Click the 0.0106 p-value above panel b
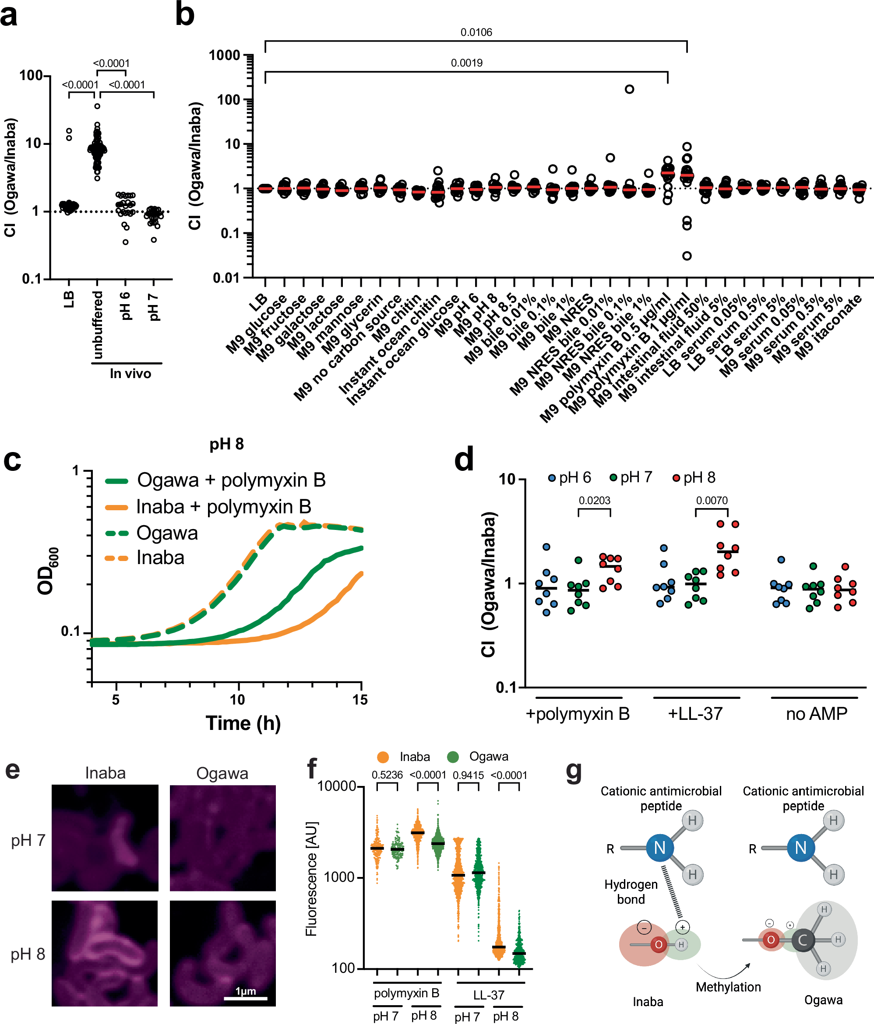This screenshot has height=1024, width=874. (476, 33)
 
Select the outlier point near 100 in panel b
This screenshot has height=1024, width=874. (629, 89)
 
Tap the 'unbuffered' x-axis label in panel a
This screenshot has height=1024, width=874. (98, 325)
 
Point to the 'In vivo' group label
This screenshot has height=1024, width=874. (130, 374)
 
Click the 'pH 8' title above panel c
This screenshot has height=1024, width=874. (226, 444)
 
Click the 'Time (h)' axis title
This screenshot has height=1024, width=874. (243, 723)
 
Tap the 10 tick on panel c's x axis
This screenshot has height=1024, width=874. (237, 700)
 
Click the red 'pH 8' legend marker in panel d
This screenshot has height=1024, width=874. (676, 478)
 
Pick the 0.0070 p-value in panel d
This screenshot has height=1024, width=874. (711, 501)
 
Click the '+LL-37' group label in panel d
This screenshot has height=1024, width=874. (695, 714)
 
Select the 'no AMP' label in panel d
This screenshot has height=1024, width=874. (816, 714)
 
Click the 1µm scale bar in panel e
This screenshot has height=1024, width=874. (245, 998)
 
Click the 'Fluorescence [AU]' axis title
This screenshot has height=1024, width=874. (311, 879)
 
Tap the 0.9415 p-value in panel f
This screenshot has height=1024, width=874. (468, 775)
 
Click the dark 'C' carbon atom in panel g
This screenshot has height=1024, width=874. (802, 940)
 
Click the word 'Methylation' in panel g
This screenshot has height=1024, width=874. (728, 987)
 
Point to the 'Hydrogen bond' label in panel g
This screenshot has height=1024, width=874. (631, 891)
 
